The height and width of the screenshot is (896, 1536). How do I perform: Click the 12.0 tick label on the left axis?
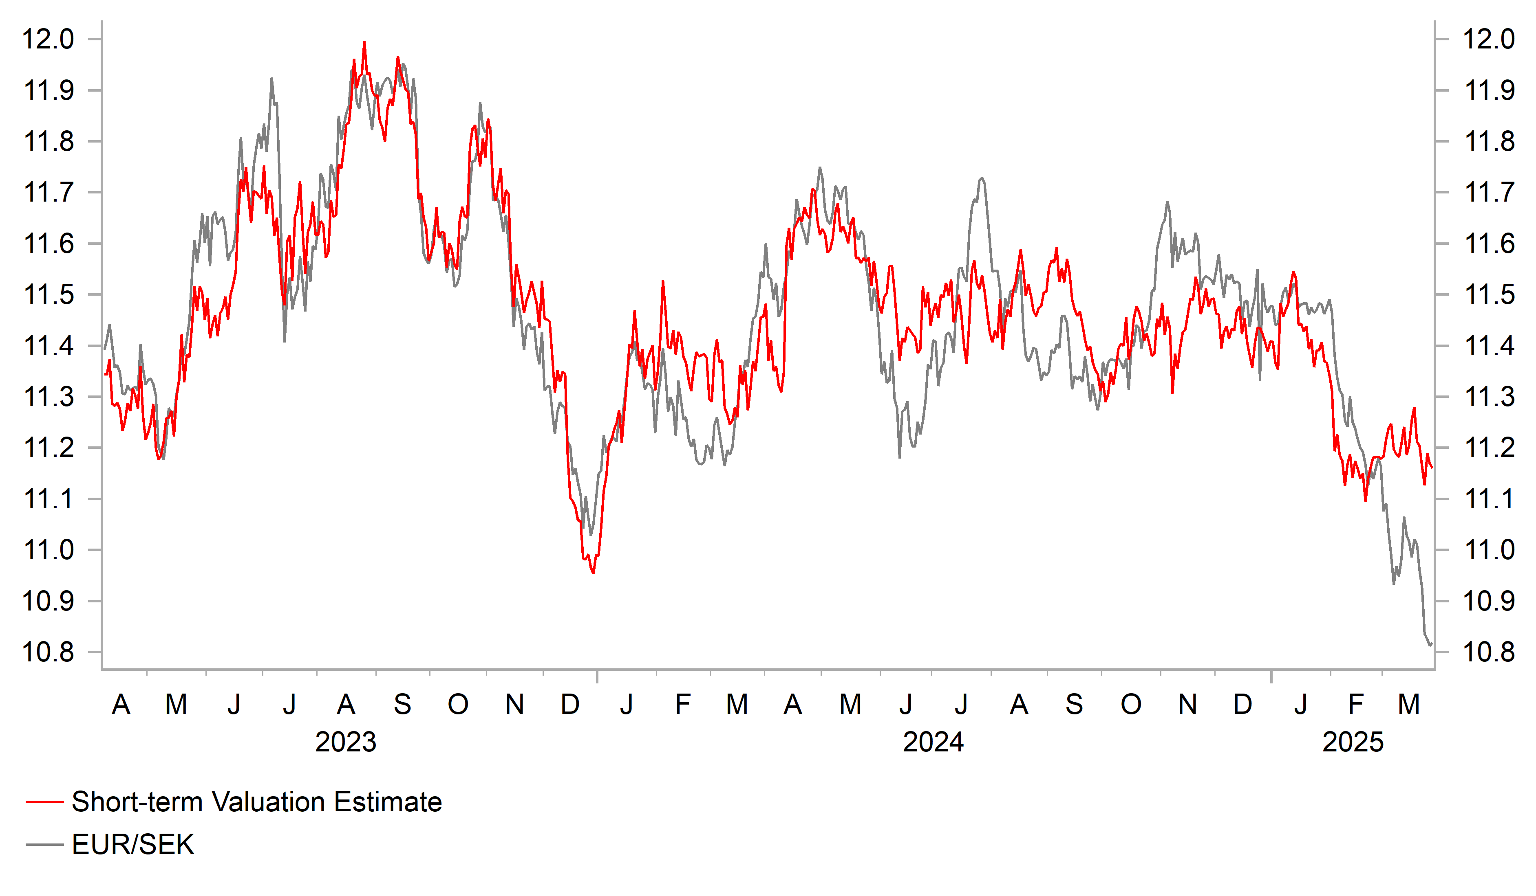point(48,40)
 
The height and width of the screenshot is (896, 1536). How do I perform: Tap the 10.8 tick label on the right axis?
point(1488,652)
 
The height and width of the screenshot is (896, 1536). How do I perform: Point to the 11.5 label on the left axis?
point(48,295)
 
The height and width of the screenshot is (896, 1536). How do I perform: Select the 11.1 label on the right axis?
point(1488,499)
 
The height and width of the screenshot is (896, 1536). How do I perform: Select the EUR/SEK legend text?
point(133,845)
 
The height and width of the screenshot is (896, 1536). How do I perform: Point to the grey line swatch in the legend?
point(44,845)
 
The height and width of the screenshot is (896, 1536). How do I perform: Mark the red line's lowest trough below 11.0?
point(593,573)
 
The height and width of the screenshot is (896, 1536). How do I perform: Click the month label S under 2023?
point(402,705)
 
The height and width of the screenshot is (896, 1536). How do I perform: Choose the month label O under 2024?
point(1131,705)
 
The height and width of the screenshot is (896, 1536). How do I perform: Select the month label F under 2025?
point(1355,705)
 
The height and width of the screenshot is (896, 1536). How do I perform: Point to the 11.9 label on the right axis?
point(1488,91)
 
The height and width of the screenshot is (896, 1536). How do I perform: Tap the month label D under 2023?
point(570,705)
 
